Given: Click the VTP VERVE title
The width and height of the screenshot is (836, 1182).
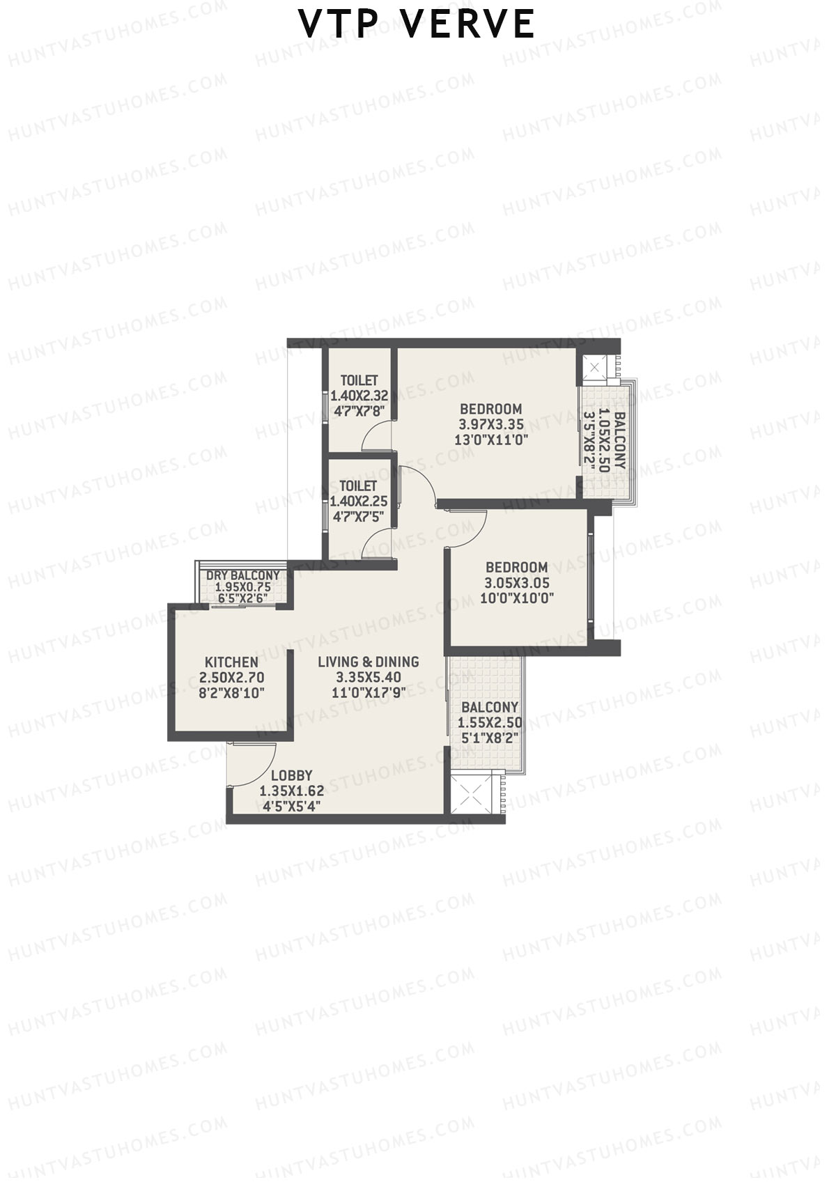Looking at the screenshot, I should pyautogui.click(x=417, y=24).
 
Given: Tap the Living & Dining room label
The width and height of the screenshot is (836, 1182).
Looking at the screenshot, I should pyautogui.click(x=368, y=662).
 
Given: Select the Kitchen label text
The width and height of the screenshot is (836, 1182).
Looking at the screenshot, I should pyautogui.click(x=231, y=662).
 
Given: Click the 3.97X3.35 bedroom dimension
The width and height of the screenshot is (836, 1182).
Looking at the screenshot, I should pyautogui.click(x=490, y=424).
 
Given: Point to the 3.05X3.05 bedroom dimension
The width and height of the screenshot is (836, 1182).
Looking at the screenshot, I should pyautogui.click(x=517, y=583).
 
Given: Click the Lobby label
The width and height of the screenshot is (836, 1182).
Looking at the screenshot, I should pyautogui.click(x=291, y=775).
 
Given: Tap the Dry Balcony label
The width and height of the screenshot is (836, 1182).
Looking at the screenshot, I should pyautogui.click(x=242, y=575).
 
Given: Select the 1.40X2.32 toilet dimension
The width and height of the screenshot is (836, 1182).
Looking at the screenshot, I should pyautogui.click(x=359, y=396).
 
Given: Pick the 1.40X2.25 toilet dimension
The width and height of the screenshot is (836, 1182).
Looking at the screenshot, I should pyautogui.click(x=359, y=501).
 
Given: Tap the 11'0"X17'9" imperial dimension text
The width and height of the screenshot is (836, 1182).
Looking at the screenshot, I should pyautogui.click(x=368, y=692).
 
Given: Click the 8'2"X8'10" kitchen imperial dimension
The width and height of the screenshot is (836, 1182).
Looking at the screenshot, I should pyautogui.click(x=231, y=693).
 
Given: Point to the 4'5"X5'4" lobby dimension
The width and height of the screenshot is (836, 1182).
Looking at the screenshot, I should pyautogui.click(x=291, y=807).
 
